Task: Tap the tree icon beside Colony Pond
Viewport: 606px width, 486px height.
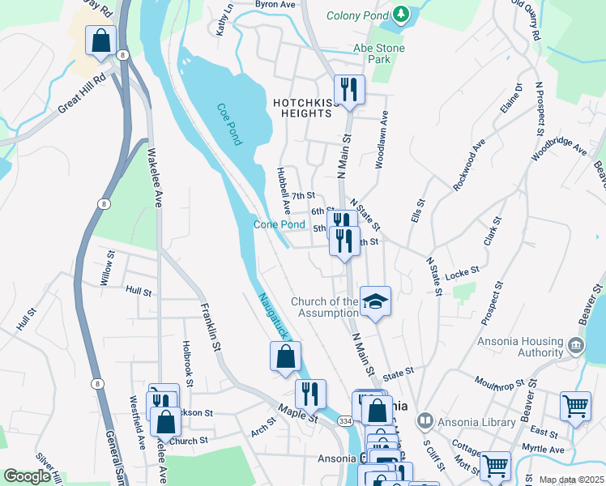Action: [x=400, y=15]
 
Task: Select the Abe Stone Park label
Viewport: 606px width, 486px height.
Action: [x=378, y=53]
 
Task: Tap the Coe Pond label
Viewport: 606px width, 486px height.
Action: [x=229, y=124]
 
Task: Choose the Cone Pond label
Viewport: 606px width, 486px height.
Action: [x=279, y=224]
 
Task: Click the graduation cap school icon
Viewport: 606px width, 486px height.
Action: [x=375, y=301]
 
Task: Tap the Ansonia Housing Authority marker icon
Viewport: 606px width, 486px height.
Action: [x=575, y=345]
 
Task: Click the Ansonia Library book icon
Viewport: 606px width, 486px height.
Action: [x=425, y=421]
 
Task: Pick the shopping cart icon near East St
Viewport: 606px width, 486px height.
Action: [x=575, y=407]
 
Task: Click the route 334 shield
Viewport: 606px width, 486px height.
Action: [x=345, y=421]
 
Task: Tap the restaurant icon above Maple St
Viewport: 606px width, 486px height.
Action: [x=310, y=394]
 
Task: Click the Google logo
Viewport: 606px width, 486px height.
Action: [x=27, y=476]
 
